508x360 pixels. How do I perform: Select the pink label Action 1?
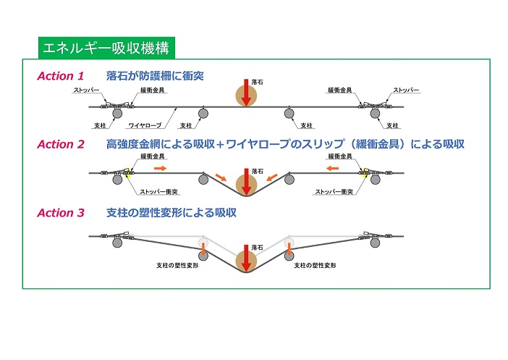(61, 76)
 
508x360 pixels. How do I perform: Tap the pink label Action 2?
(61, 144)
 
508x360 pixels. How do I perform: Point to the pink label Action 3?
(61, 213)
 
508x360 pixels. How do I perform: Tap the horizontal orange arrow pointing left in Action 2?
(331, 167)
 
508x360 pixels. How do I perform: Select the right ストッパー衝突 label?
(334, 192)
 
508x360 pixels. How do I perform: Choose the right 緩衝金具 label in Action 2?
(341, 156)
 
